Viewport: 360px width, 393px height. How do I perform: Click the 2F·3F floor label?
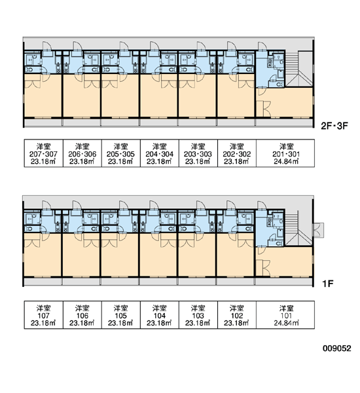coord(334,126)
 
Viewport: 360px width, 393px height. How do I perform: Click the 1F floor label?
coord(327,284)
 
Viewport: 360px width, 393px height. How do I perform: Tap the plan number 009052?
coord(336,348)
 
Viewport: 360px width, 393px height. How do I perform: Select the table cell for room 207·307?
coord(44,153)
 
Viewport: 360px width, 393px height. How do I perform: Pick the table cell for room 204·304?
coord(160,153)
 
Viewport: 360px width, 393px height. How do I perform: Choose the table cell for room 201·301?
coord(285,153)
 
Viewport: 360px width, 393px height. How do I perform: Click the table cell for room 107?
coord(44,315)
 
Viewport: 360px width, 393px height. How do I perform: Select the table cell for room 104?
coord(160,315)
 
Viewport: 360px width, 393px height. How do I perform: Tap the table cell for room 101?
coord(285,315)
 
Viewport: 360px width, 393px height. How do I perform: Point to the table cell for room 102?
coord(237,315)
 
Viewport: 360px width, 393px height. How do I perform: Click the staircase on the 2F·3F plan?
coord(298,69)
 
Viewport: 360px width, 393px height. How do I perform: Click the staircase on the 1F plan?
coord(298,229)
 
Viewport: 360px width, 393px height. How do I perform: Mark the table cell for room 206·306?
coord(82,153)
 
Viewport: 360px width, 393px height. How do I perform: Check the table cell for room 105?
coord(121,315)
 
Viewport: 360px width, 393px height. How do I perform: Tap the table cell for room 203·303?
coord(198,153)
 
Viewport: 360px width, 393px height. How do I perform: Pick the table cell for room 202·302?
coord(237,153)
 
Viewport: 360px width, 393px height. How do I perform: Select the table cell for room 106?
coord(82,315)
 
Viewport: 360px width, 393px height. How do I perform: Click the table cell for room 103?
coord(198,315)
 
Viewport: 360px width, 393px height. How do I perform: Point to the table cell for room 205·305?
coord(121,153)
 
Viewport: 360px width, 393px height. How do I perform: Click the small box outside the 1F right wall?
coord(318,230)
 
